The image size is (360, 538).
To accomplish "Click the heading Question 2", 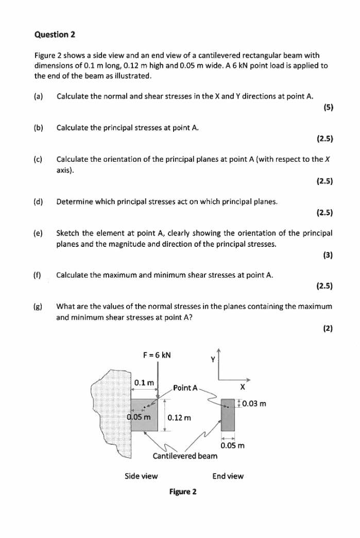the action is tap(55, 35).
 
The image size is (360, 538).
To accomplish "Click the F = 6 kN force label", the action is tap(157, 355).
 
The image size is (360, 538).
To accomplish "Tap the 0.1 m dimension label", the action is tap(144, 383).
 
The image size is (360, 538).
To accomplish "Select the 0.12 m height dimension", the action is tap(179, 417).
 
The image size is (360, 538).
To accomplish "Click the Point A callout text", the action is tap(185, 388).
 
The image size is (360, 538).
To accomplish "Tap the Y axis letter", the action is tap(212, 360).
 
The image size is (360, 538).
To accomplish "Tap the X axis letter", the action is tap(242, 387).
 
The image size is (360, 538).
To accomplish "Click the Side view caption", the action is tap(141, 476).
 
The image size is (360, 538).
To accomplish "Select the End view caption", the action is tap(228, 476).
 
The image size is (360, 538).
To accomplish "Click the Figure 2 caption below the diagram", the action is tap(183, 492).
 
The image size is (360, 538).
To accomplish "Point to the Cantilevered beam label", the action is tap(185, 456).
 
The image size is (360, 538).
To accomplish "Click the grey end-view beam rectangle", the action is tap(228, 415).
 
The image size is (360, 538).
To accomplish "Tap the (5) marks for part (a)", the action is tap(328, 107).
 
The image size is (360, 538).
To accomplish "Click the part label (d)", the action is tap(39, 201).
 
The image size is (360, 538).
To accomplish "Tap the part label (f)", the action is tap(38, 275).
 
